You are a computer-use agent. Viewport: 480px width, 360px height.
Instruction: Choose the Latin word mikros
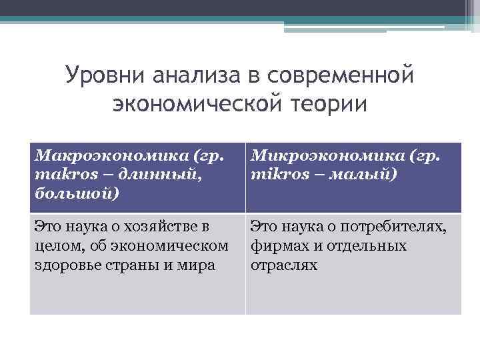pyautogui.click(x=272, y=175)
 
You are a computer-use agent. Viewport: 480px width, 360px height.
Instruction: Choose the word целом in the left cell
pyautogui.click(x=54, y=247)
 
